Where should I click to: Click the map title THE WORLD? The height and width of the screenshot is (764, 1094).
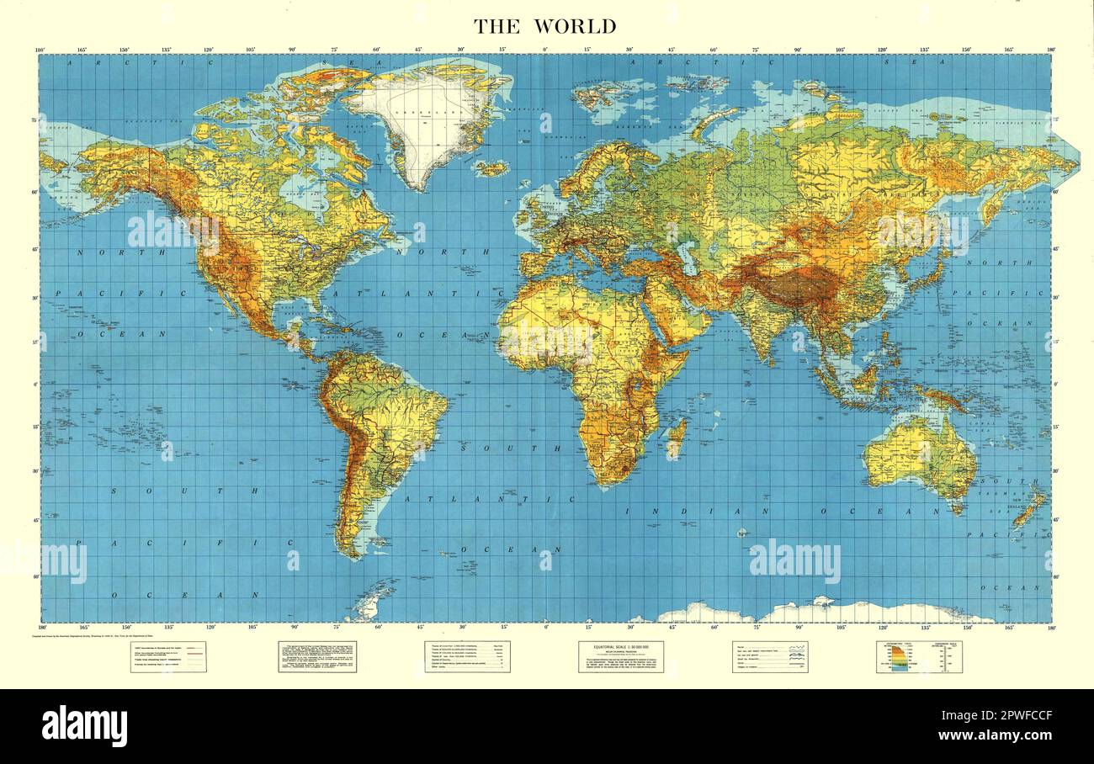coord(545,26)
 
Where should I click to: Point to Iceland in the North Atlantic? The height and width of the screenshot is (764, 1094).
coord(492,168)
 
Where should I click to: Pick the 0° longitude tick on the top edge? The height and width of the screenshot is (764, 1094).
coord(545,50)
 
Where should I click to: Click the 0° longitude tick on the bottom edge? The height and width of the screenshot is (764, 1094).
coord(545,627)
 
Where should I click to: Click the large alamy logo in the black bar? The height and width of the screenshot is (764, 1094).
coord(85,725)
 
